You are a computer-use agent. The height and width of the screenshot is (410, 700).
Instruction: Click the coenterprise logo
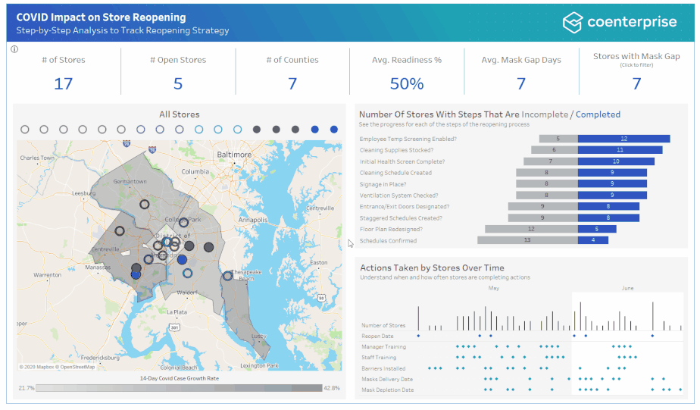coord(619,22)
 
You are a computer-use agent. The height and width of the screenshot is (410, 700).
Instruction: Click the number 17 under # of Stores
coord(64,83)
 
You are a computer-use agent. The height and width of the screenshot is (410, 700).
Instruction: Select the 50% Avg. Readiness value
coord(407,83)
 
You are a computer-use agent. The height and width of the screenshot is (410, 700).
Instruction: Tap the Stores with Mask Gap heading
coord(636,56)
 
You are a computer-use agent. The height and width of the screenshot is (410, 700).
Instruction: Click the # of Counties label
coord(292,60)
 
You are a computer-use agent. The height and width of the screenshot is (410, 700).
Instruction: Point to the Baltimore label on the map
coord(234,154)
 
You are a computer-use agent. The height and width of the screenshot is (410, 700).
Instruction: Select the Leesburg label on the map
coord(84,193)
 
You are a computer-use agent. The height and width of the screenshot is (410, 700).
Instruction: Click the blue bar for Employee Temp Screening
coord(623,139)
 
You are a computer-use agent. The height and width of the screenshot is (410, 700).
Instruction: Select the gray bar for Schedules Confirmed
coord(527,240)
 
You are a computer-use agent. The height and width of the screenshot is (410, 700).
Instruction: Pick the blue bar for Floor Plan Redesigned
coord(597,229)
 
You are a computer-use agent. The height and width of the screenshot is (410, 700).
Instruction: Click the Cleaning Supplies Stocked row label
coord(396,150)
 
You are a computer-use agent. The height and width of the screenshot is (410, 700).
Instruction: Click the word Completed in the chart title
coord(598,114)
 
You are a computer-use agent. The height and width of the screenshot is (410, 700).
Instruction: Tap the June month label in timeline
coord(627,288)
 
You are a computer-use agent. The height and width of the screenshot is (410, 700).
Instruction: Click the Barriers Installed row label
coord(383,368)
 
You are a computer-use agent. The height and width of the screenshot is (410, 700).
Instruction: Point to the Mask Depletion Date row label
coord(387,390)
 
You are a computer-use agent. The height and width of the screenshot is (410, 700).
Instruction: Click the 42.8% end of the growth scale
coord(331,388)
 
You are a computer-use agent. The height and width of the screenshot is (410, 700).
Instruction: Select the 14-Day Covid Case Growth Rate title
coord(179,377)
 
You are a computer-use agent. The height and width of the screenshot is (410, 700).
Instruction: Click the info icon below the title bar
coord(14,49)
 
